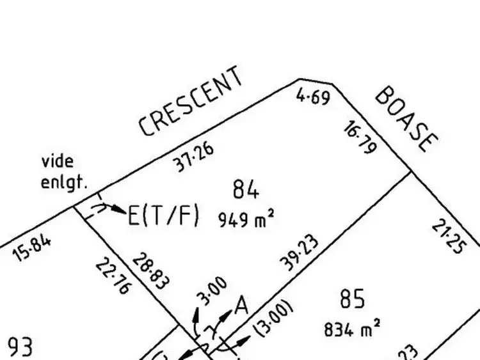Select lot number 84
pos(246,190)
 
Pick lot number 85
pos(352,299)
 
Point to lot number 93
pos(20,348)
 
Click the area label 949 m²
pos(246,219)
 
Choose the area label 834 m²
pos(352,329)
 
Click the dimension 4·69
pos(313,97)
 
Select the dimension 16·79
pos(359,138)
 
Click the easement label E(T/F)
pos(164,215)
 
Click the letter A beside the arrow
pos(241,305)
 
